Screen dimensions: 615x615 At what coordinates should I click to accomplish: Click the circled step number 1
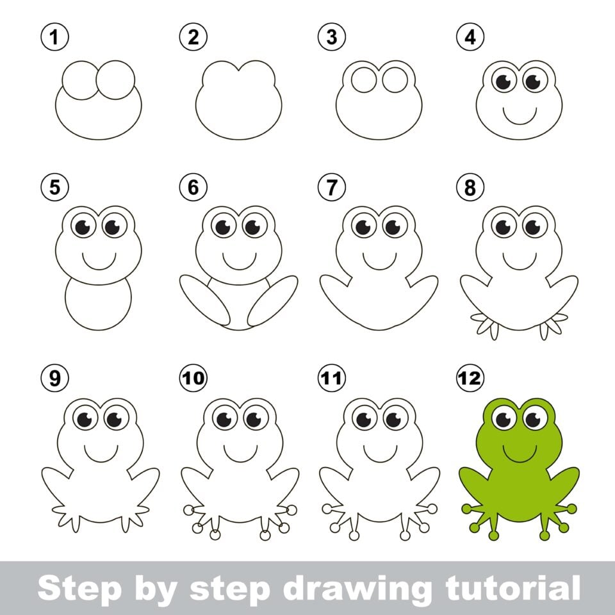[55, 38]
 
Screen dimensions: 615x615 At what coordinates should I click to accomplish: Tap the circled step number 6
[193, 188]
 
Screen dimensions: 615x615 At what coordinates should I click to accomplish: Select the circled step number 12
[470, 379]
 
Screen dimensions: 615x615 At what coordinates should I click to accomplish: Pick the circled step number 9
[55, 379]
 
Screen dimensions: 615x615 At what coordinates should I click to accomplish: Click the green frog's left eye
[504, 419]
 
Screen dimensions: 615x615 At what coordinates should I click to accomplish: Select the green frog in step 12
[520, 474]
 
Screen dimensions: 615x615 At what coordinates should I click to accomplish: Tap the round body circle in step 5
[99, 301]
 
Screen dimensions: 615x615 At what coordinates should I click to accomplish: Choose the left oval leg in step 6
[204, 299]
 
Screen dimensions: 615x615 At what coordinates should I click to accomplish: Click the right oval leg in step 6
[273, 300]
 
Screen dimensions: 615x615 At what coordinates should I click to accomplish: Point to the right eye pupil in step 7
[393, 227]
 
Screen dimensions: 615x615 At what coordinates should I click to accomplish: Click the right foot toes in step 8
[552, 325]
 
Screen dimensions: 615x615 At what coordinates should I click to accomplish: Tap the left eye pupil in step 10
[224, 419]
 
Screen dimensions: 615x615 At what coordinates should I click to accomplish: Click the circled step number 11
[331, 379]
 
